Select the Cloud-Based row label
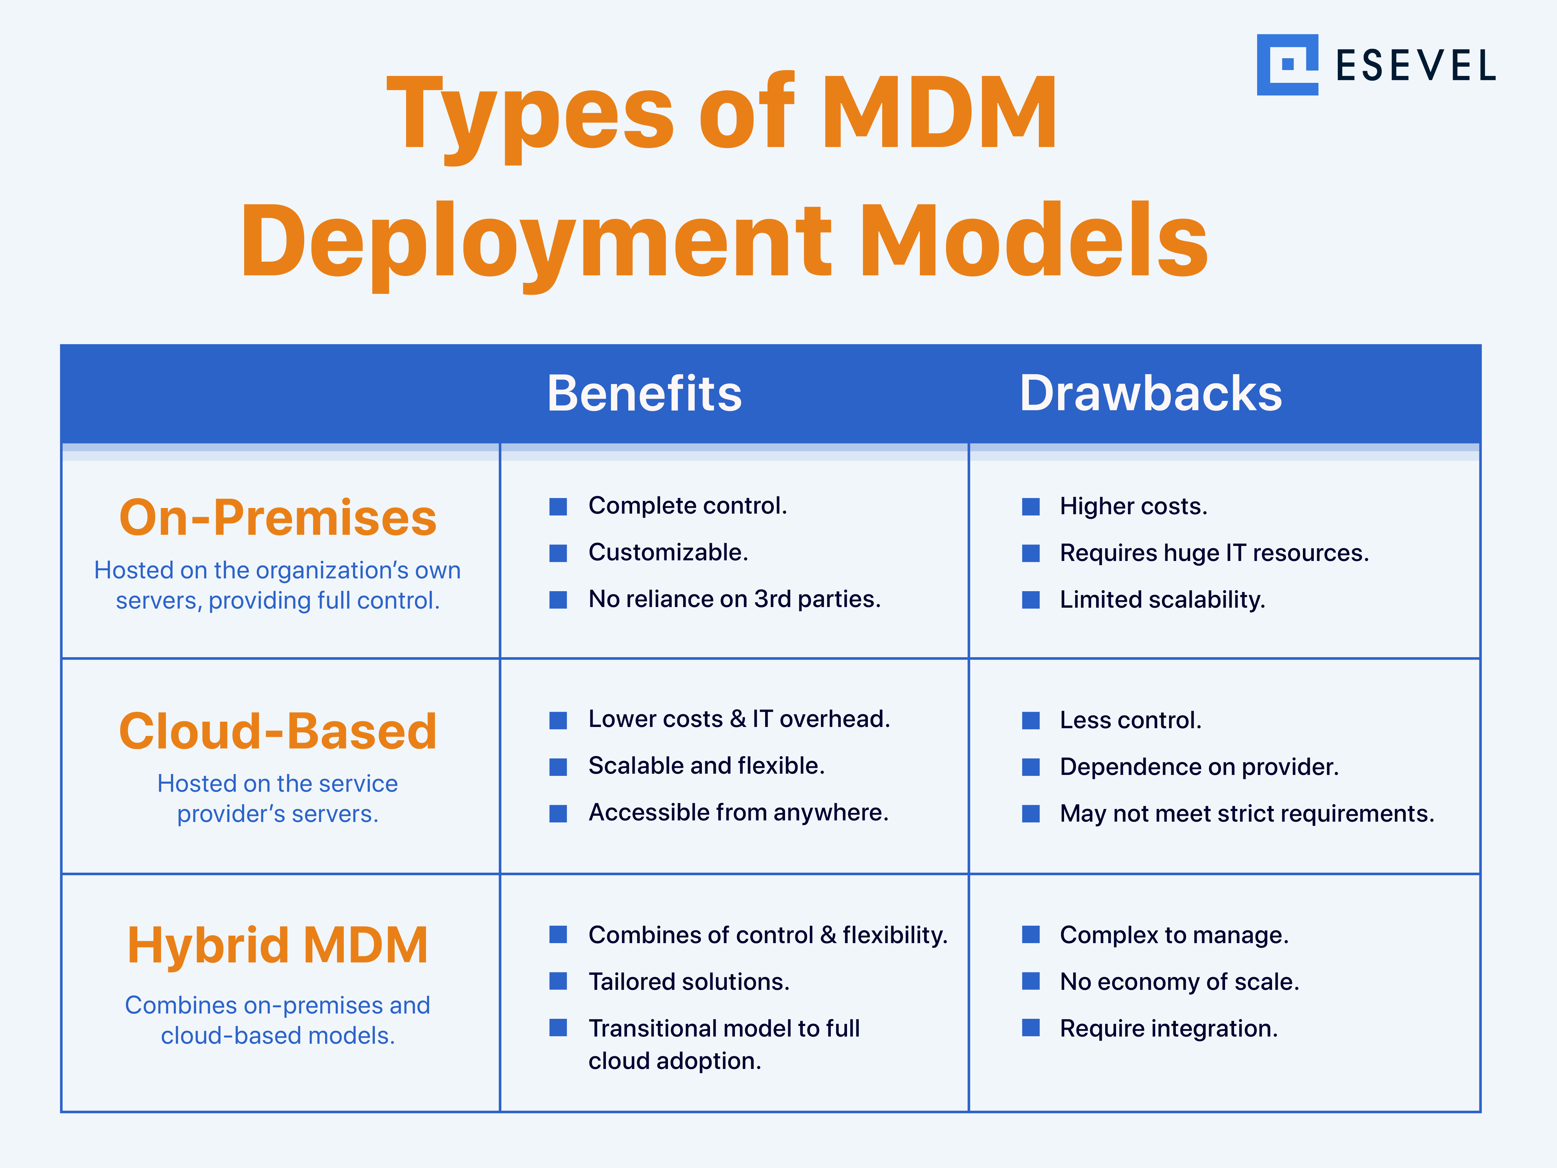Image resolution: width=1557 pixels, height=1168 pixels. [x=278, y=732]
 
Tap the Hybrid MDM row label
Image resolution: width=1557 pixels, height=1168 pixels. [x=278, y=946]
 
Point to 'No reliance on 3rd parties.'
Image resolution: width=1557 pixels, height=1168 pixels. [x=734, y=599]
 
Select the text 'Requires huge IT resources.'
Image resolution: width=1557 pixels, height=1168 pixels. [x=1214, y=553]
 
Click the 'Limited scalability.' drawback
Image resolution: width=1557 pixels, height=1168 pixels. [x=1162, y=600]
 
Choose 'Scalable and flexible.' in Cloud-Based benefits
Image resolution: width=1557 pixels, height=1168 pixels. [x=706, y=766]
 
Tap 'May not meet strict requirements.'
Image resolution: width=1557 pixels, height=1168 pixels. [x=1247, y=814]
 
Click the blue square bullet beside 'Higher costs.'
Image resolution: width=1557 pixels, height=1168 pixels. [x=1030, y=507]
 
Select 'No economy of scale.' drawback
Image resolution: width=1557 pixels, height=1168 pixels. [x=1179, y=982]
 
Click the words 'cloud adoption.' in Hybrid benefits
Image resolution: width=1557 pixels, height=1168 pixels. [x=674, y=1061]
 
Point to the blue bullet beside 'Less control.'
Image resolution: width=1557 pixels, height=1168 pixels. [x=1030, y=720]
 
